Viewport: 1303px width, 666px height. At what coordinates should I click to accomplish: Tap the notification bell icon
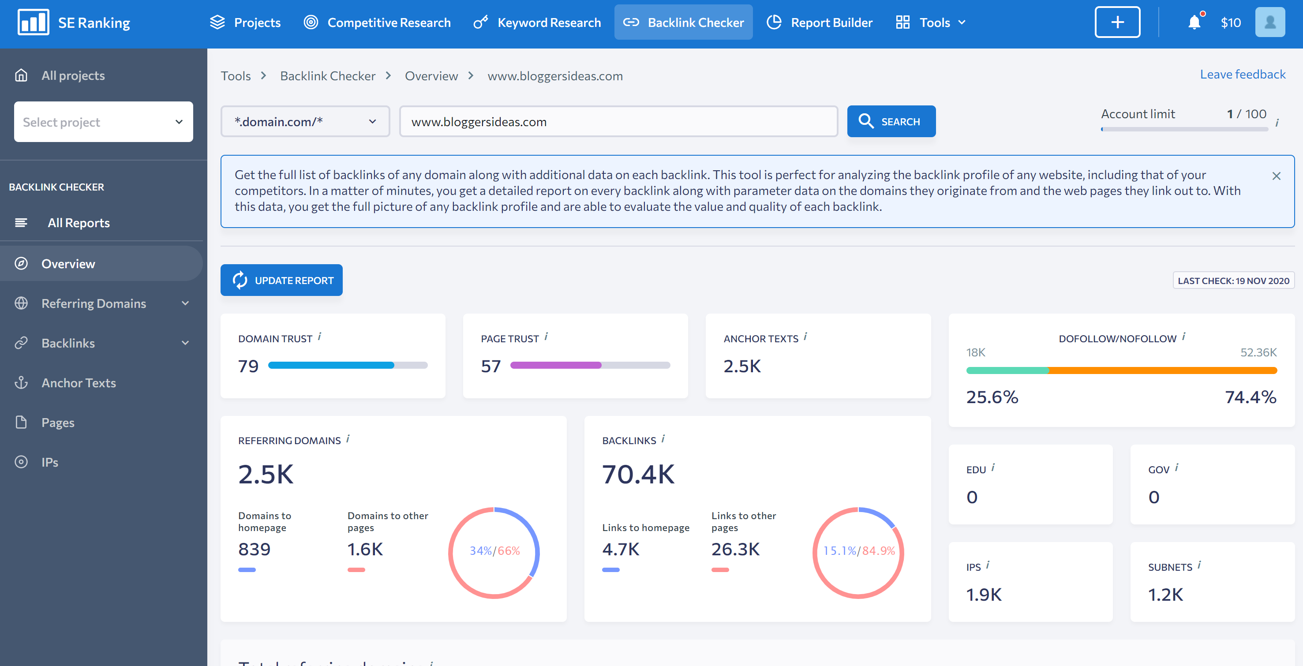(x=1194, y=22)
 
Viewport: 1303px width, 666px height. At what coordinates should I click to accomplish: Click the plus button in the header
(x=1117, y=22)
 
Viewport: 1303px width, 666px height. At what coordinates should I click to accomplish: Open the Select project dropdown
(x=103, y=122)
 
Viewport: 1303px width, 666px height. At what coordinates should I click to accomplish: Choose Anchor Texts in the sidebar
(x=79, y=383)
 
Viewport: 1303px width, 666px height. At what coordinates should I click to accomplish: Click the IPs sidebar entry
(x=49, y=462)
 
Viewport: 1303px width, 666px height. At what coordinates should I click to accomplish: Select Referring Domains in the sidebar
(x=94, y=303)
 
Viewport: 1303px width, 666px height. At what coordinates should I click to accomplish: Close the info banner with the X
(x=1276, y=176)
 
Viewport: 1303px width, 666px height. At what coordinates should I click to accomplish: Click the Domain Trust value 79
(x=248, y=366)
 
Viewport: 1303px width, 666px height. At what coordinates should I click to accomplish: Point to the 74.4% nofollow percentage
(x=1250, y=397)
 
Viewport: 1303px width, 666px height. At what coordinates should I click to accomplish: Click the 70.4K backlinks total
(x=638, y=474)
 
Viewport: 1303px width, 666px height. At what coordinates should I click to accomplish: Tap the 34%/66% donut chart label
(x=494, y=551)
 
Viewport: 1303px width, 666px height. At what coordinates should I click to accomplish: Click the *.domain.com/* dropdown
(x=305, y=121)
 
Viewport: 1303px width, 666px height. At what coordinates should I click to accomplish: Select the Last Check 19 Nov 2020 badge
(x=1233, y=281)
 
